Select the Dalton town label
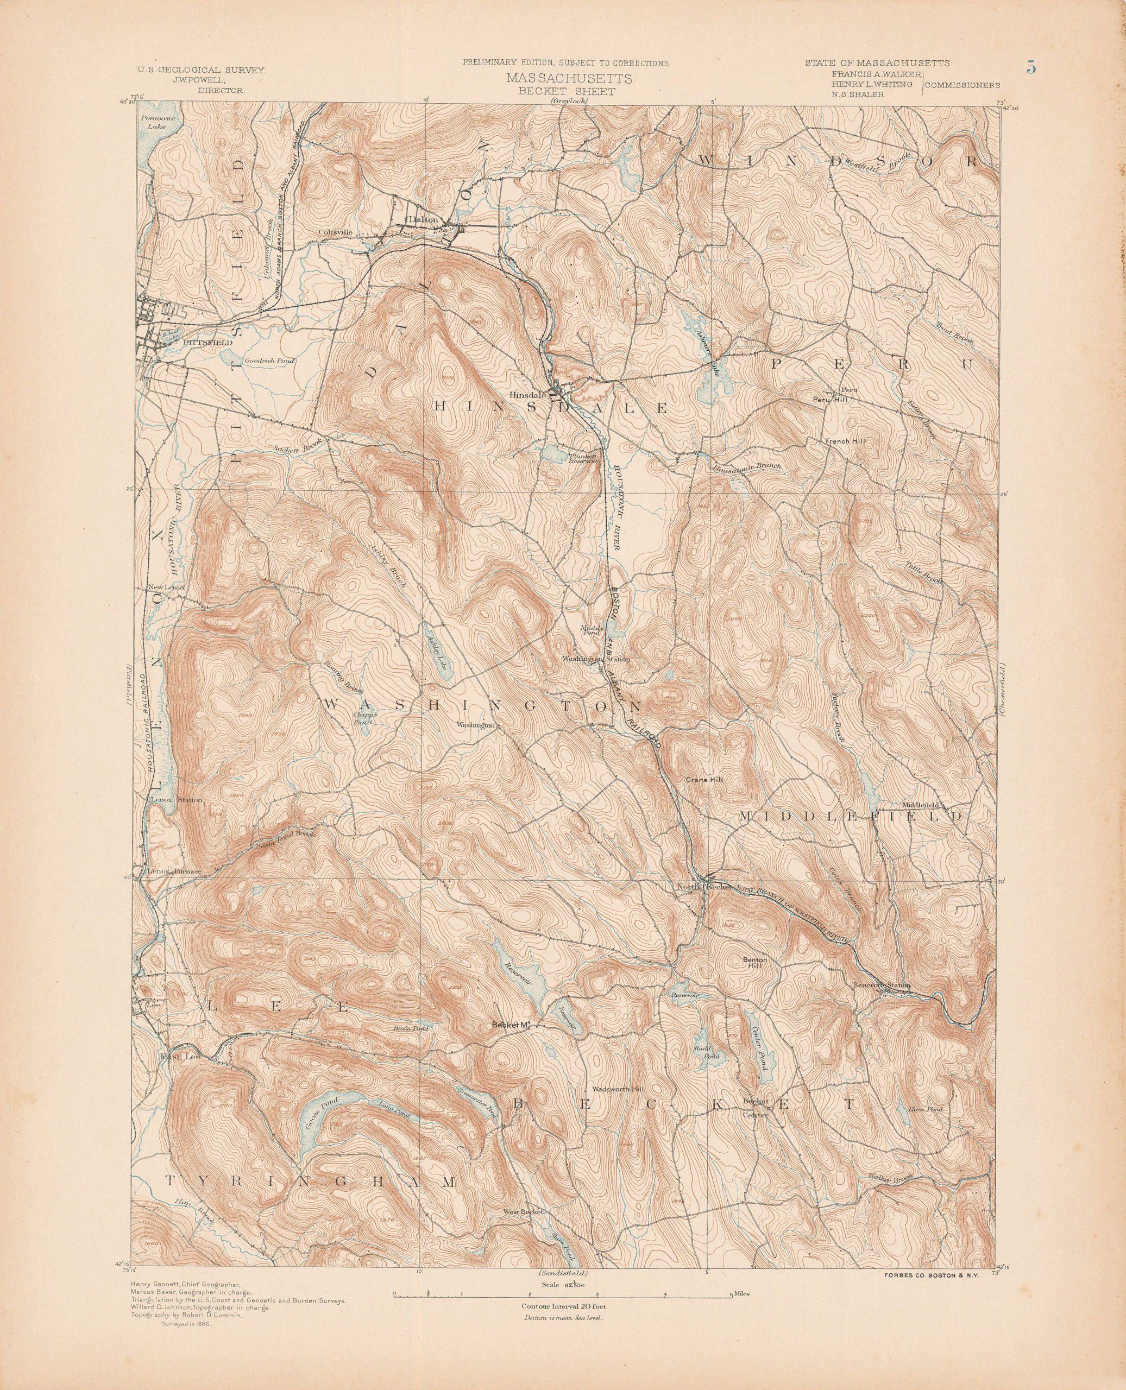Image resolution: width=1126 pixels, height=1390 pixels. click(x=425, y=220)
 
